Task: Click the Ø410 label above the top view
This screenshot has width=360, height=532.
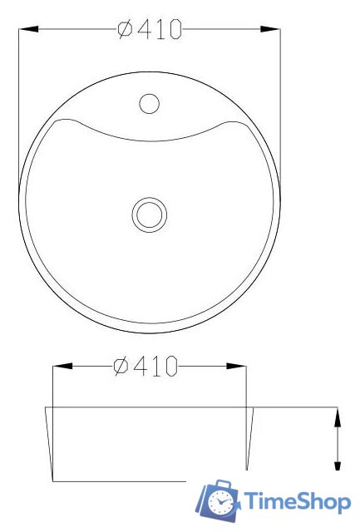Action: [150, 29]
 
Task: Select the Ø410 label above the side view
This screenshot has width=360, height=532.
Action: [146, 366]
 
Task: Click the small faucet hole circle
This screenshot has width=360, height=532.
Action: [149, 103]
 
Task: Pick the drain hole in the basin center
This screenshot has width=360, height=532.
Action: [150, 213]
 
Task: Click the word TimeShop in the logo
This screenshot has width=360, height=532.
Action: [295, 502]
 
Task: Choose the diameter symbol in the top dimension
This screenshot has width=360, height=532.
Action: [125, 29]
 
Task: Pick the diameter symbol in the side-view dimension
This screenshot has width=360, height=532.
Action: [121, 366]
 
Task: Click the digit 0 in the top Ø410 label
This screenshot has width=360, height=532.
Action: [174, 29]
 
